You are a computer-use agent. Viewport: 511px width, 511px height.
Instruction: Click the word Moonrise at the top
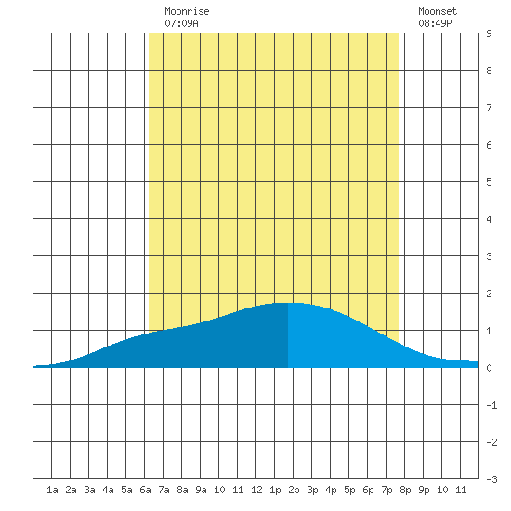(187, 11)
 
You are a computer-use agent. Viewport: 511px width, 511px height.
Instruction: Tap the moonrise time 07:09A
(181, 23)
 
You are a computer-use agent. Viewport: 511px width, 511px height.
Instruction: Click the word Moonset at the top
(438, 11)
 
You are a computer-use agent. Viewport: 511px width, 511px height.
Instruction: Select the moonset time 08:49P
(435, 23)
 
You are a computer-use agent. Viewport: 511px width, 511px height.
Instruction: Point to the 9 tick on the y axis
(489, 33)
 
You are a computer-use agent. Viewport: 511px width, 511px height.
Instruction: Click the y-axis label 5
(489, 182)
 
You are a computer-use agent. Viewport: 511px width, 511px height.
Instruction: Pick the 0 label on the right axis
(489, 368)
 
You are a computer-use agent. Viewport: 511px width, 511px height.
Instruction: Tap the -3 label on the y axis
(491, 479)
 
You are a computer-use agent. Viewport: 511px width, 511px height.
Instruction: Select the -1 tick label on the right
(491, 405)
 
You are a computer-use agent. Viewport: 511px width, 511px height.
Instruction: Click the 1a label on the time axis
(52, 490)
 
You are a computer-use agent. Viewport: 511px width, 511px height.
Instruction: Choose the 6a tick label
(145, 490)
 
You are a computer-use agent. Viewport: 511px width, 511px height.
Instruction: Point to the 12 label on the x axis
(256, 490)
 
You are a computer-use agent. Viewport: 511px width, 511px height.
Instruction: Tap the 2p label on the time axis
(294, 490)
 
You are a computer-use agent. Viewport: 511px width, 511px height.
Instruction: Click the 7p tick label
(387, 490)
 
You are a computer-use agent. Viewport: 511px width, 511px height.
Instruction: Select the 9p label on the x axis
(424, 490)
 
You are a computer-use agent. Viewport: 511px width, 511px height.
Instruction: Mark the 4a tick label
(108, 490)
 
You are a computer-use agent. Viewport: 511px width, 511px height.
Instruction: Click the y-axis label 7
(489, 108)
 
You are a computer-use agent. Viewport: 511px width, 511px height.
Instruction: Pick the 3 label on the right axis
(489, 256)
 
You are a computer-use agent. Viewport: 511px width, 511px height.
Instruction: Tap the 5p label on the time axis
(349, 490)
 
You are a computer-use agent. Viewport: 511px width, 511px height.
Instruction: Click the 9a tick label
(201, 490)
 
